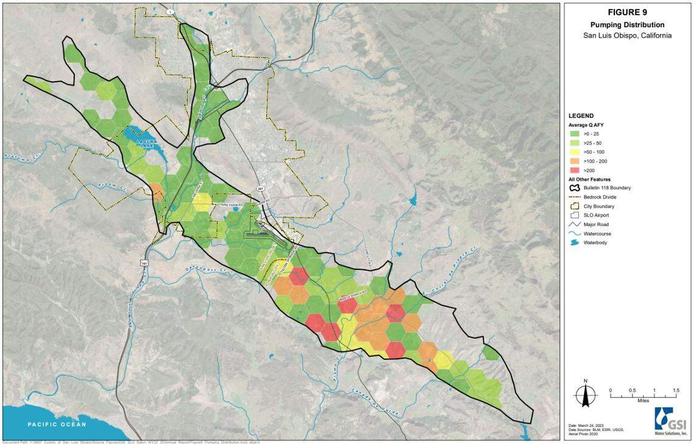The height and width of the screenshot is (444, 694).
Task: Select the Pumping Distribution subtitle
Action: click(627, 25)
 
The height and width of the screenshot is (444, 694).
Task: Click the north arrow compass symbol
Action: click(585, 395)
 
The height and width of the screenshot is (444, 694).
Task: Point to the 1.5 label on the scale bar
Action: click(675, 390)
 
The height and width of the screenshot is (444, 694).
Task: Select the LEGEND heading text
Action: click(581, 116)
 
